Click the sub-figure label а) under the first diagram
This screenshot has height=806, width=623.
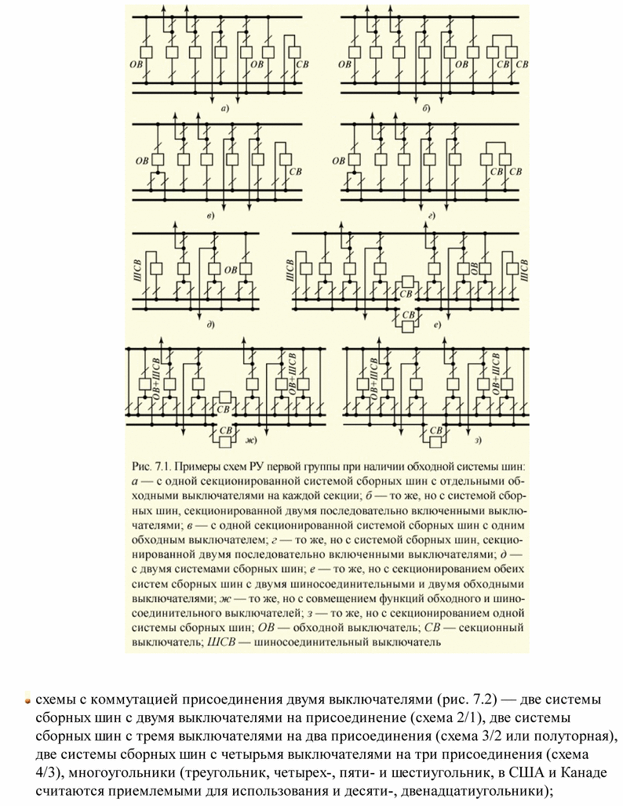225,108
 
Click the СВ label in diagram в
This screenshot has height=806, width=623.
296,171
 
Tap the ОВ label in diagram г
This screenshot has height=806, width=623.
339,162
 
